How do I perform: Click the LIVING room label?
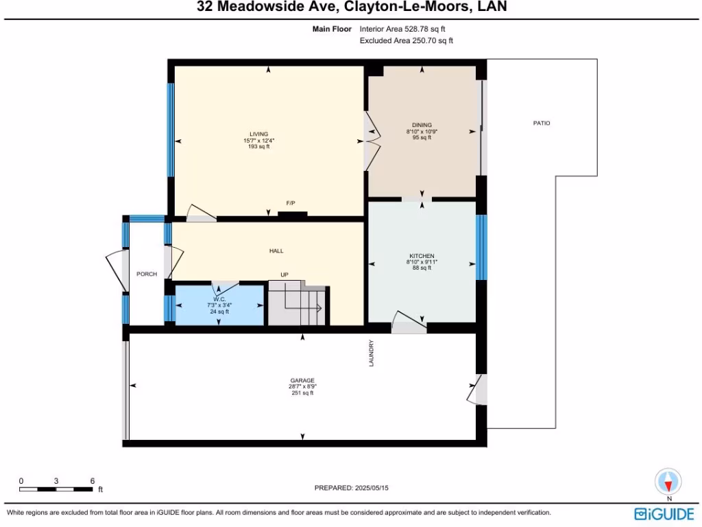(258, 134)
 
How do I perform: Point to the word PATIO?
(542, 124)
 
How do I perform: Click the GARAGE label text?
(302, 380)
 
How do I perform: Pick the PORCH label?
(146, 274)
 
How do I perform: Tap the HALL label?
(276, 251)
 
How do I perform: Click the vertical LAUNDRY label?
(372, 353)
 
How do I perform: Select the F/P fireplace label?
(291, 203)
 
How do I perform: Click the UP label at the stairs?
(285, 275)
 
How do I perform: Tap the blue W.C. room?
(219, 305)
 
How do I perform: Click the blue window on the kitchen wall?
(481, 247)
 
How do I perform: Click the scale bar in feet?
(56, 489)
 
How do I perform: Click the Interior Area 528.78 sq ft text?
(407, 30)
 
